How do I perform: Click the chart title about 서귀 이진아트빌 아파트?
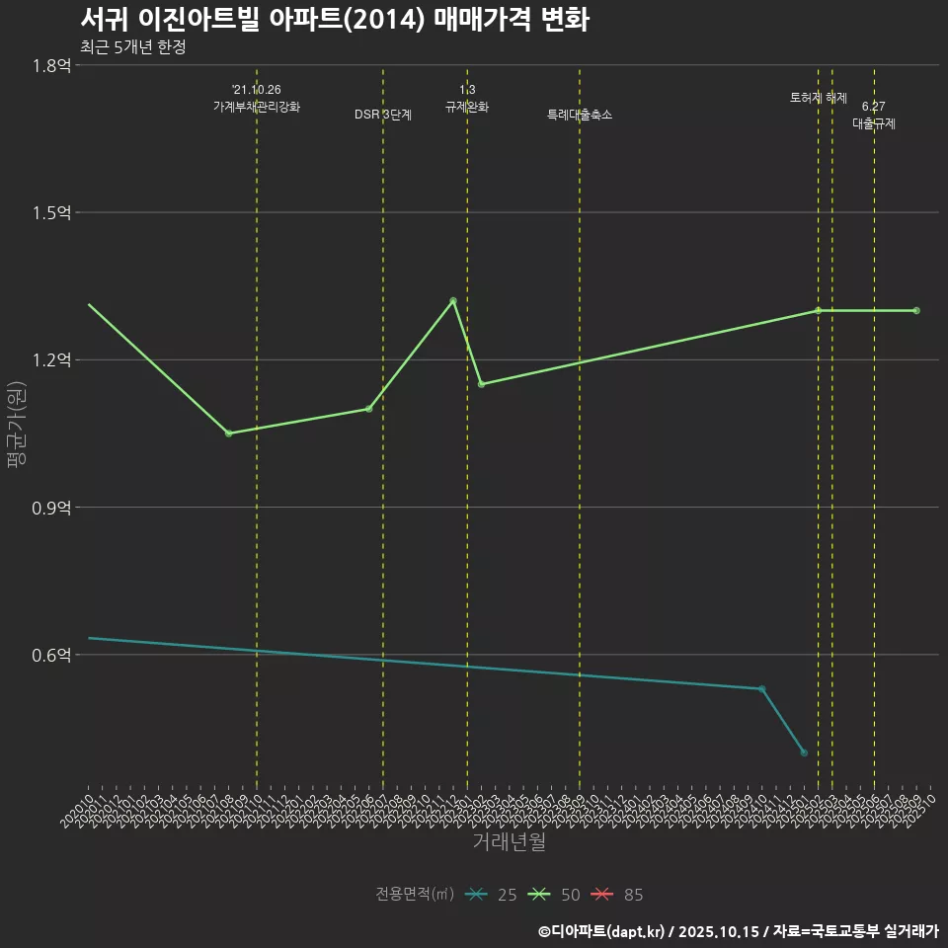pos(334,20)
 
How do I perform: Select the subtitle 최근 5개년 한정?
pos(132,46)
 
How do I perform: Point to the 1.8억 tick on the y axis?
pos(51,65)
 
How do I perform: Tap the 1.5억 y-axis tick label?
pos(51,213)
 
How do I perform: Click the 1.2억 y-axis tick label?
pos(51,360)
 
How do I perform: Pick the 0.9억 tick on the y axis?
pos(51,508)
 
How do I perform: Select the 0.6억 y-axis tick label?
pos(51,656)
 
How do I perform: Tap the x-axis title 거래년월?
pos(509,842)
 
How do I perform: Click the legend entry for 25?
pos(493,895)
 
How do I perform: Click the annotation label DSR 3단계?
pos(383,115)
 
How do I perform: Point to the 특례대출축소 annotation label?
pos(580,115)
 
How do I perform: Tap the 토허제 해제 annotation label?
pos(819,98)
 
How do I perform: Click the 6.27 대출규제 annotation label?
pos(874,115)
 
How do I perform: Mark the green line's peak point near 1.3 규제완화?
pos(453,300)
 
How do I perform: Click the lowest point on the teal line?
pos(804,752)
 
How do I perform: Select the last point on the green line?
pos(916,310)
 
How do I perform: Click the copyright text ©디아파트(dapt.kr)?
pos(604,931)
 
